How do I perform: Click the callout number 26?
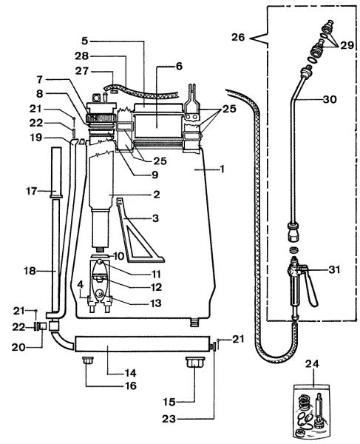pos(238,37)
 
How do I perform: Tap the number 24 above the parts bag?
pos(312,363)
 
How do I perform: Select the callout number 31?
pos(335,269)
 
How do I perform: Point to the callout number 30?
pos(330,99)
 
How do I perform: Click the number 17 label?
pos(32,191)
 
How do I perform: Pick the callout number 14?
pos(131,373)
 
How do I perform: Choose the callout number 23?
pos(169,419)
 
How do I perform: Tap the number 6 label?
pos(180,66)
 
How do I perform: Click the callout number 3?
pos(155,218)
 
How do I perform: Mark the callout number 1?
pos(223,169)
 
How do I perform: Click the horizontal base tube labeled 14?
pos(142,344)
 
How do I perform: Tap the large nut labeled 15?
pos(195,362)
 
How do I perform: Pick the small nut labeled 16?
pos(88,361)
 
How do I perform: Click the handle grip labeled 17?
pos(57,172)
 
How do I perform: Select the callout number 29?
pos(347,44)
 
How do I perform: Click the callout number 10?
pos(119,256)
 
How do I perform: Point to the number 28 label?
pos(82,55)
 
